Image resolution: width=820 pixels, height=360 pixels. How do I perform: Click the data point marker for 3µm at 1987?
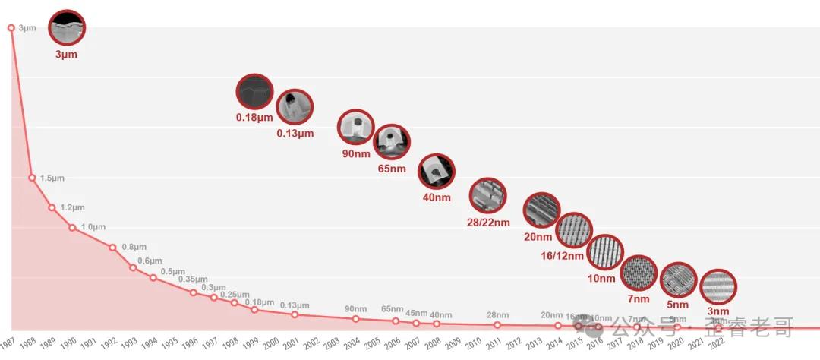pos(11,28)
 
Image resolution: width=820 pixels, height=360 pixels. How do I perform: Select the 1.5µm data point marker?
pos(32,178)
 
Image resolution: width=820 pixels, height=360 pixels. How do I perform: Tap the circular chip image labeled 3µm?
pos(67,29)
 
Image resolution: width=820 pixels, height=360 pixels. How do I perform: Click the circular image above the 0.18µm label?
pos(254,93)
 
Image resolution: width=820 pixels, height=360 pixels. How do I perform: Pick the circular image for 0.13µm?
pos(294,108)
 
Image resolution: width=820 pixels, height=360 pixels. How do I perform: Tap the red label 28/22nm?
pos(488,223)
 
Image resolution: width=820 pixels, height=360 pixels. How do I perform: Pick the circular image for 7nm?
pos(639,273)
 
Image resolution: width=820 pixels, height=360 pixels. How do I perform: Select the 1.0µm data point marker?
pos(72,227)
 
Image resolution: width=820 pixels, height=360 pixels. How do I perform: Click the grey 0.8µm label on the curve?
pos(134,247)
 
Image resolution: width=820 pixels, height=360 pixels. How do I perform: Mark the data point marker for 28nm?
pos(497,325)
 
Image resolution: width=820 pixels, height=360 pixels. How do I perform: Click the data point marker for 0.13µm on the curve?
pos(295,314)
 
